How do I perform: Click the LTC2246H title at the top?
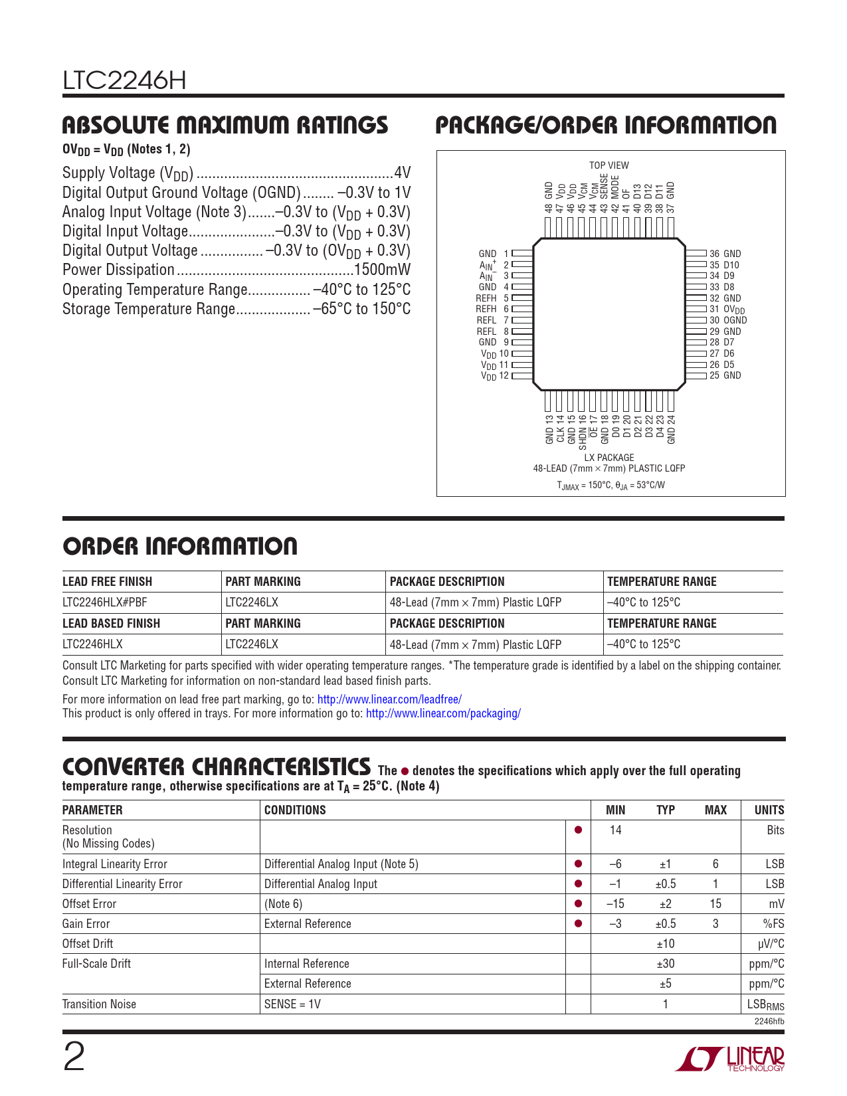pos(124,81)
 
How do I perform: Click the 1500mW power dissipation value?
pos(383,270)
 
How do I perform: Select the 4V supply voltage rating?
pos(403,173)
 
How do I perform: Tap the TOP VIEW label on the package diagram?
pos(609,165)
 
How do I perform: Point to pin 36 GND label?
pos(725,254)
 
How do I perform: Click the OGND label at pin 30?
pos(735,320)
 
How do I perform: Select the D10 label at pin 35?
pos(731,265)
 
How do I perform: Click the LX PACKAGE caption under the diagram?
pos(609,458)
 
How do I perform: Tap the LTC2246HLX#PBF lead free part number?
pos(104,602)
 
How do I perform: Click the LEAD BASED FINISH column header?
pos(111,624)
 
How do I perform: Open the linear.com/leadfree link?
pos(389,699)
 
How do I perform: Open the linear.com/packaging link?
pos(443,713)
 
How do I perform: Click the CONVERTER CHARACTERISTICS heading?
pos(216,767)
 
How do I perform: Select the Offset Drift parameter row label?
pos(88,944)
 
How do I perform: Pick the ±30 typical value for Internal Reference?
pos(665,964)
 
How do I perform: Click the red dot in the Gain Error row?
pos(578,923)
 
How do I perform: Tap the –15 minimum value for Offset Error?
pos(615,904)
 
